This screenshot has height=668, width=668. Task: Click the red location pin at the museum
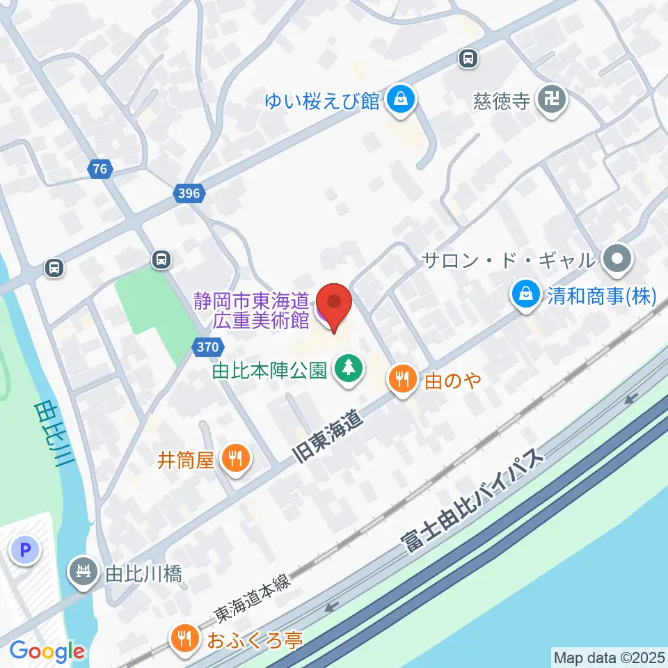tap(333, 304)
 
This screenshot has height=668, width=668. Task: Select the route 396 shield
tap(189, 194)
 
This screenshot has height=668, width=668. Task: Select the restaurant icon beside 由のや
tap(402, 380)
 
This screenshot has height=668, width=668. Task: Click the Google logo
tap(47, 651)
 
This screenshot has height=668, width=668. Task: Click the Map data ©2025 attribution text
tap(608, 657)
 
